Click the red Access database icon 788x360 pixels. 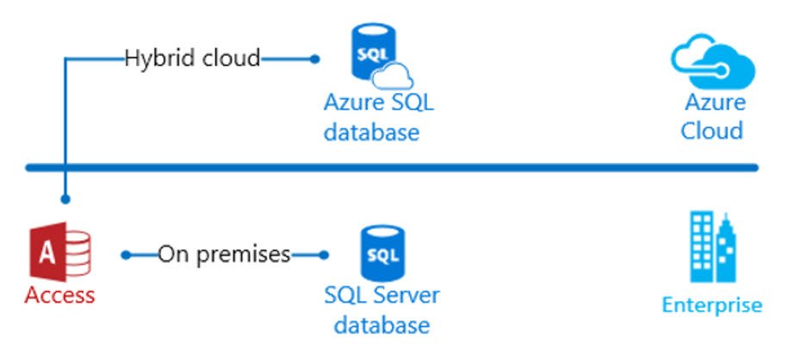60,254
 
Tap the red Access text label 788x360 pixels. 59,295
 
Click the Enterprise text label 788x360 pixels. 712,305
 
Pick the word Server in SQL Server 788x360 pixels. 405,295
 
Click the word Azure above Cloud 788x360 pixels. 714,102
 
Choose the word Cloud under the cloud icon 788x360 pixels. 712,131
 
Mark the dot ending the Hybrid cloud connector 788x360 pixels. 315,59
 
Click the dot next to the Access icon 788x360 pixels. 126,255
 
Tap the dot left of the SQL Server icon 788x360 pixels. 325,255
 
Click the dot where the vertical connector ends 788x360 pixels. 65,199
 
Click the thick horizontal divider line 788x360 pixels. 392,167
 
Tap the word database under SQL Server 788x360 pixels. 382,326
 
